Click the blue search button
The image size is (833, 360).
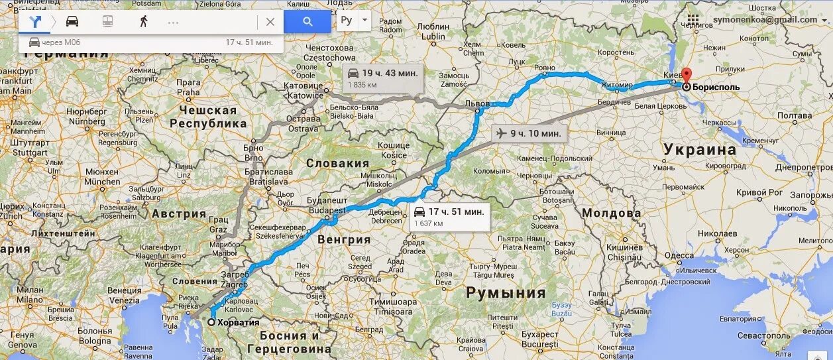click(307, 21)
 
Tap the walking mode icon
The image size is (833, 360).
click(143, 21)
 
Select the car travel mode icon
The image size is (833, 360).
click(72, 21)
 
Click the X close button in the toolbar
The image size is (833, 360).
click(270, 21)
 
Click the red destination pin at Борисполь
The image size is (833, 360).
click(687, 76)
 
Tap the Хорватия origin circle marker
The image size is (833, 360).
click(211, 322)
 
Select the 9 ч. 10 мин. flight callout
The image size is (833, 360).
click(530, 133)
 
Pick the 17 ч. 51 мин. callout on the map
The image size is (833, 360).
click(449, 217)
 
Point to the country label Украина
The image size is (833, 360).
click(700, 149)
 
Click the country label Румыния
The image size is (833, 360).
click(506, 292)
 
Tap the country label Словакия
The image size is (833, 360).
click(337, 163)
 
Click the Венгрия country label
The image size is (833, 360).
click(344, 239)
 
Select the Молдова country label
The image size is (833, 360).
click(611, 213)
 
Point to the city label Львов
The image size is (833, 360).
click(477, 104)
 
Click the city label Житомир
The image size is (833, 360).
click(618, 85)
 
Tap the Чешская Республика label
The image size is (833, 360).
click(207, 117)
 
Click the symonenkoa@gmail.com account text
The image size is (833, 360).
click(765, 19)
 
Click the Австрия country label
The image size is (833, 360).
click(179, 213)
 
